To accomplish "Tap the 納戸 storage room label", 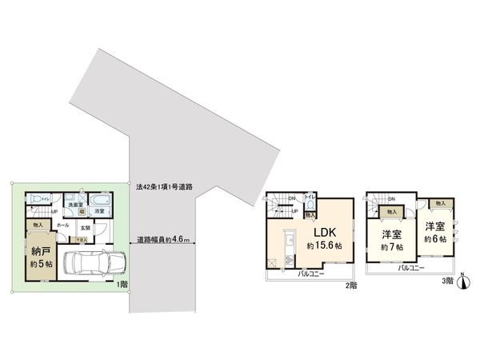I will click(x=42, y=250).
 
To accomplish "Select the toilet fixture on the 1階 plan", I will click(x=36, y=199).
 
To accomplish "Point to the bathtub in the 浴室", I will click(x=101, y=199).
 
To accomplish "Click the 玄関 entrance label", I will click(x=85, y=227).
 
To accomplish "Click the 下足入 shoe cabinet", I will click(x=81, y=238).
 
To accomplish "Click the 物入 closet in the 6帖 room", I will click(x=442, y=203).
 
